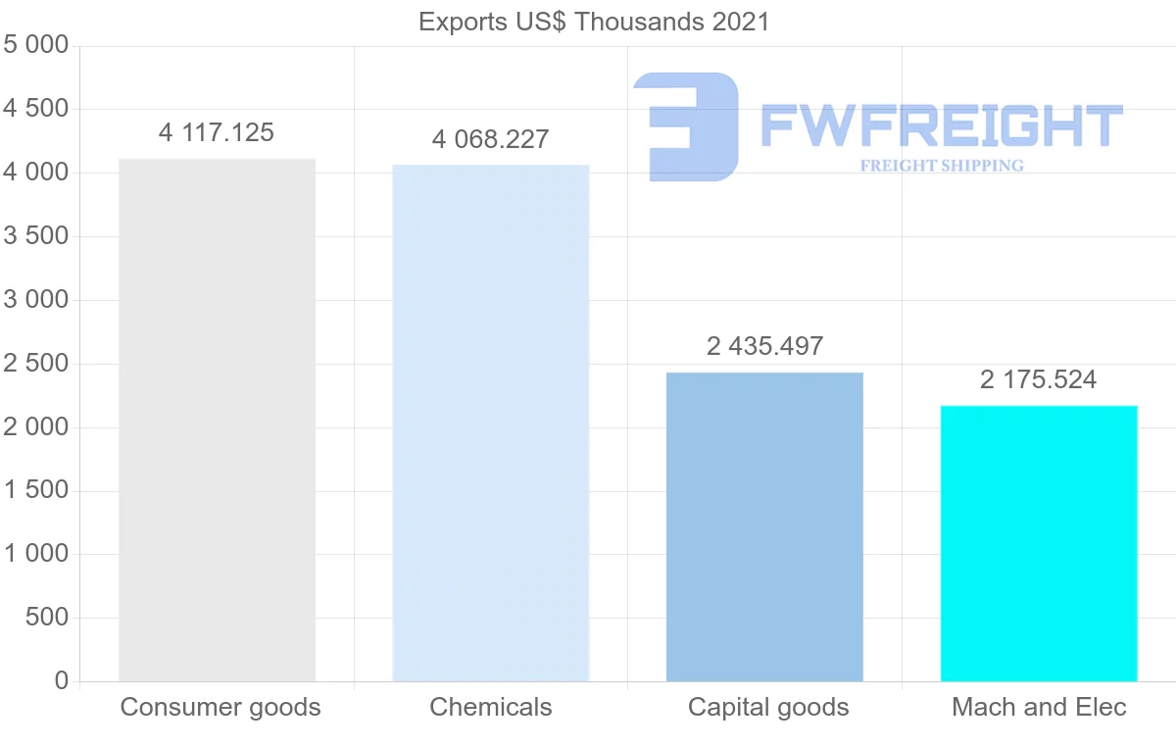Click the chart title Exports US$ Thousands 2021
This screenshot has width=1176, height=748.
point(594,21)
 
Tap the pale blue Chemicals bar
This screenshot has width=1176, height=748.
point(490,423)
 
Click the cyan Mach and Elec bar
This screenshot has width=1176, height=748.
point(1039,543)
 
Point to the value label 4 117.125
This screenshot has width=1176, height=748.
point(217,132)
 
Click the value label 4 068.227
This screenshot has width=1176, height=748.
point(490,139)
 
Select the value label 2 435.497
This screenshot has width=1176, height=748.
point(764,346)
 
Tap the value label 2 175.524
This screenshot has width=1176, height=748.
point(1039,379)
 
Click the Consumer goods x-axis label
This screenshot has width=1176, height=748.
point(220,707)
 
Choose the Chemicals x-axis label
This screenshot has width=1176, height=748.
point(491,707)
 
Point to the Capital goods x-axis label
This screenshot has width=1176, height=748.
point(768,707)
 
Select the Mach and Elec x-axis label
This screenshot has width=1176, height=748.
point(1040,707)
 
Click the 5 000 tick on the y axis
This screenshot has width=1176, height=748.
point(36,45)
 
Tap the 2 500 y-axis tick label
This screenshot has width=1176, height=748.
point(36,364)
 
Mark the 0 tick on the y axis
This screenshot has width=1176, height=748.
point(62,681)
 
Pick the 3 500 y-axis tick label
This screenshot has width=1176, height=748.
point(36,236)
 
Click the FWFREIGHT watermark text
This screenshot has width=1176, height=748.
point(941,126)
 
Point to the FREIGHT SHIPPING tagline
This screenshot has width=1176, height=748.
point(942,166)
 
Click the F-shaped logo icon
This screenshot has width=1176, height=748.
point(686,126)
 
